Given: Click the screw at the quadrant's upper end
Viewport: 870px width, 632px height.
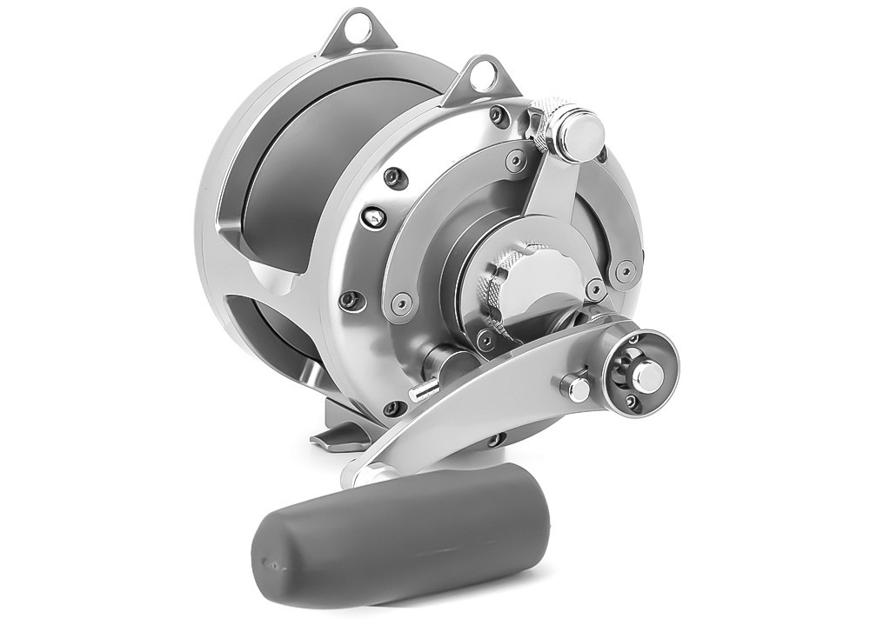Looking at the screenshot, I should click(516, 160).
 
